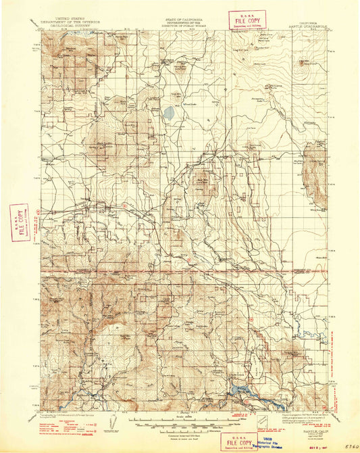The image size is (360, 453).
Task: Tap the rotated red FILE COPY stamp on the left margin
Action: click(20, 222)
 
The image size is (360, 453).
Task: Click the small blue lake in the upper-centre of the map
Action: click(167, 112)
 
